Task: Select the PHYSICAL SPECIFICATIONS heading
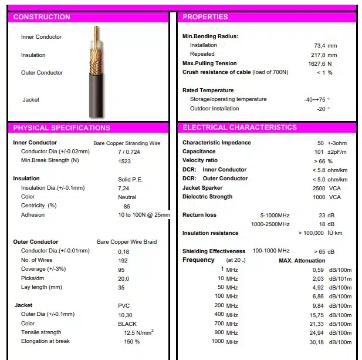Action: pyautogui.click(x=61, y=127)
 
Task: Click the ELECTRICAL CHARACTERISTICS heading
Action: pyautogui.click(x=239, y=127)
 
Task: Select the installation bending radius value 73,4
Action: pyautogui.click(x=320, y=45)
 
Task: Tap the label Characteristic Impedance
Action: pyautogui.click(x=216, y=143)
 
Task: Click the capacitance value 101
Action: pyautogui.click(x=319, y=152)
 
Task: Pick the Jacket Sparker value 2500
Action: pyautogui.click(x=319, y=188)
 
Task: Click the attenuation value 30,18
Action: pyautogui.click(x=317, y=342)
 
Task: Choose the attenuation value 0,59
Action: pyautogui.click(x=318, y=270)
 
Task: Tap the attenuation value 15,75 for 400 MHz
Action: pyautogui.click(x=317, y=315)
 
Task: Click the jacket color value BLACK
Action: pyautogui.click(x=127, y=324)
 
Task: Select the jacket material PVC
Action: pyautogui.click(x=124, y=305)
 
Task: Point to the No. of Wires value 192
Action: pyautogui.click(x=123, y=260)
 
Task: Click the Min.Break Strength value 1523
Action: pyautogui.click(x=124, y=161)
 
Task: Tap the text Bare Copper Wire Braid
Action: pyautogui.click(x=127, y=242)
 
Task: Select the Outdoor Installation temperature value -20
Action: pyautogui.click(x=321, y=109)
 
